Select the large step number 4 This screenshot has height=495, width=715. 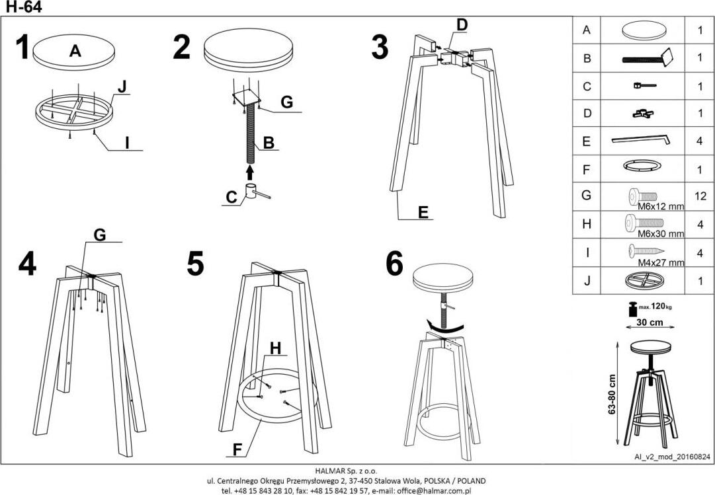click(27, 263)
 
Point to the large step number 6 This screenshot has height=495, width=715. click(394, 264)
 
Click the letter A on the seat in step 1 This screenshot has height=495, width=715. click(75, 52)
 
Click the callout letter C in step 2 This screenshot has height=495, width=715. click(231, 196)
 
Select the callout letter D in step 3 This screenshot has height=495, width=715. click(462, 24)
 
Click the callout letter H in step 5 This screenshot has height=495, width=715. click(275, 348)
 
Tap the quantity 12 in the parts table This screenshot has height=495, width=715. click(700, 196)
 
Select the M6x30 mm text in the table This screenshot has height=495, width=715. click(660, 234)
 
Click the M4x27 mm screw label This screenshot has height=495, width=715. click(660, 262)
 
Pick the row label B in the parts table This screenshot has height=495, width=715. click(587, 58)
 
